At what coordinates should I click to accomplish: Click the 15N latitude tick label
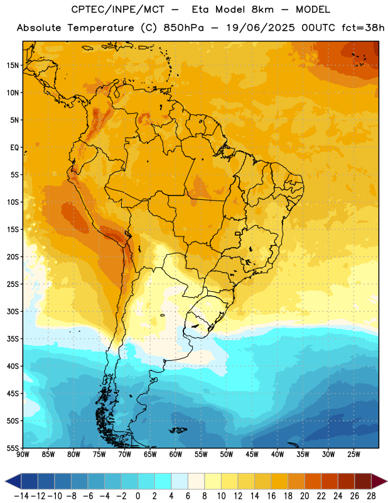(x=13, y=65)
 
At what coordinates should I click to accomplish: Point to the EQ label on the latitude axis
(x=14, y=148)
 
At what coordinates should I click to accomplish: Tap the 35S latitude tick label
(x=13, y=339)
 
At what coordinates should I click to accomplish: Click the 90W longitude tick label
(x=23, y=455)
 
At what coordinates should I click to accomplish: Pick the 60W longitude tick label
(x=176, y=455)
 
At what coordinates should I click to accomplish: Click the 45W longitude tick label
(x=252, y=455)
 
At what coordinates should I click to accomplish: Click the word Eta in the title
(x=200, y=9)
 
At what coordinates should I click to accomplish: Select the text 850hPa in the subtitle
(x=183, y=28)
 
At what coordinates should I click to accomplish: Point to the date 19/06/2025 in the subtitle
(x=261, y=28)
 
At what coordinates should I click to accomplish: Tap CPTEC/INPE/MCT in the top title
(x=117, y=9)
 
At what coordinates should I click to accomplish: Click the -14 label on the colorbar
(x=21, y=496)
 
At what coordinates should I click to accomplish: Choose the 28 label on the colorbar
(x=371, y=496)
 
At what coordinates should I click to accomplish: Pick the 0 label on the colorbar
(x=138, y=496)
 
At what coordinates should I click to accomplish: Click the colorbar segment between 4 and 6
(x=180, y=481)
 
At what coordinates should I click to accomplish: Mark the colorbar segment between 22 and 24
(x=330, y=481)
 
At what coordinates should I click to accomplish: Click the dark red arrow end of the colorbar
(x=379, y=481)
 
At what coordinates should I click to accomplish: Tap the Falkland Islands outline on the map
(x=178, y=430)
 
